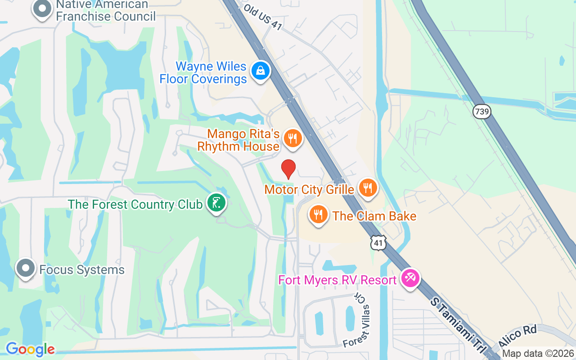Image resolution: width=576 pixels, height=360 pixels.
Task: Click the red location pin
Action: [288, 169]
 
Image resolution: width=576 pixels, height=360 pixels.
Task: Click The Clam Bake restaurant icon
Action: [319, 214]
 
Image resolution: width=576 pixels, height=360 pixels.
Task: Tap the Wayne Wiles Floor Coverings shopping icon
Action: [260, 71]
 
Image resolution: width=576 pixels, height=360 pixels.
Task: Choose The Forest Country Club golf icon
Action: [216, 203]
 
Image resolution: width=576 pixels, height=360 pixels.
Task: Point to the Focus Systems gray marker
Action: [26, 268]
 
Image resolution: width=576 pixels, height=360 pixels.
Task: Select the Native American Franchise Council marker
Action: [43, 9]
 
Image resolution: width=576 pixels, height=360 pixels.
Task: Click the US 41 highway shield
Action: [379, 243]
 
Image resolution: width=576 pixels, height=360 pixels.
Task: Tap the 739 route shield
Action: [482, 112]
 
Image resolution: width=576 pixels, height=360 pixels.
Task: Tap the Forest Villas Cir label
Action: [357, 320]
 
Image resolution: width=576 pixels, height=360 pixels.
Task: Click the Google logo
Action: [30, 349]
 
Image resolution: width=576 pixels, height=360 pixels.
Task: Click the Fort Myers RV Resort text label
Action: [337, 280]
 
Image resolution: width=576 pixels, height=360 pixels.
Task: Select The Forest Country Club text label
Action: [135, 204]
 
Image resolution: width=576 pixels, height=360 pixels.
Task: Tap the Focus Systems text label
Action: [82, 270]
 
